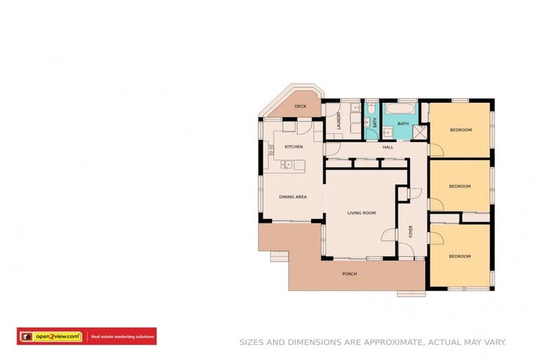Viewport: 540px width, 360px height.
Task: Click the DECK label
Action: click(300, 106)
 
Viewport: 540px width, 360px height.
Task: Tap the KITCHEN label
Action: click(293, 146)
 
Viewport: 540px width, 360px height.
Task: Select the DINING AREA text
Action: click(292, 197)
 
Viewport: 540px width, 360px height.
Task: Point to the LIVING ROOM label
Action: click(361, 212)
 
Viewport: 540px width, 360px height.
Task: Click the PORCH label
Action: click(349, 274)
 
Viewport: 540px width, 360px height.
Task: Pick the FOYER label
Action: click(411, 231)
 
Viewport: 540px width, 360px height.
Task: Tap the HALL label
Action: click(387, 148)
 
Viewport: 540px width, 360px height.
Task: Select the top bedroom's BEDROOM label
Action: click(461, 129)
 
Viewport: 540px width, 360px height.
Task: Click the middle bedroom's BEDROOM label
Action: click(459, 186)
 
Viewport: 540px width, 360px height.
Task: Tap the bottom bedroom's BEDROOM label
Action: click(459, 256)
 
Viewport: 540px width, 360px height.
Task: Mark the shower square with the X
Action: click(421, 131)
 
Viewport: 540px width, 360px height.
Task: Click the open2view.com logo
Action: click(53, 337)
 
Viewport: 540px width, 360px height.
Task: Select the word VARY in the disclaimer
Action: click(494, 342)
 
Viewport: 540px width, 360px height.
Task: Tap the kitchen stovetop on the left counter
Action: click(270, 150)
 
